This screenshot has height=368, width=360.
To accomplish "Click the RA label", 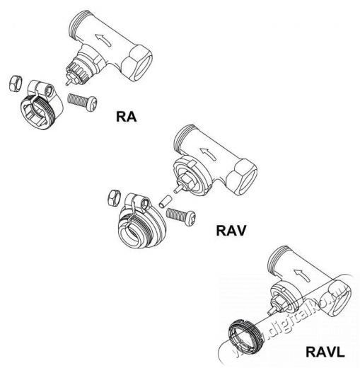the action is click(x=127, y=117).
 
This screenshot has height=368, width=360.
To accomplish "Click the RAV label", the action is click(x=231, y=231).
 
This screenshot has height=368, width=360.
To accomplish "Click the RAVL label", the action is click(x=325, y=352).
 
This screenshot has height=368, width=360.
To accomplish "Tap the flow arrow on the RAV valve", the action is click(x=208, y=154).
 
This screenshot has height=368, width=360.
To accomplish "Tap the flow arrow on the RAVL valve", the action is click(x=301, y=275).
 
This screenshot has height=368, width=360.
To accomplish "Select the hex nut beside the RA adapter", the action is click(x=16, y=83).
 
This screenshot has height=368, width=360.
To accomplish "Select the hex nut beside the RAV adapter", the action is click(x=114, y=198).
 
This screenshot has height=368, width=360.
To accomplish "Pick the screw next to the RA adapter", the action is click(x=83, y=102).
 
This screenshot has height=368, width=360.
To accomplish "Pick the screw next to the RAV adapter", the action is click(x=181, y=217).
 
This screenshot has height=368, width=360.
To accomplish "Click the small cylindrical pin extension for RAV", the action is click(x=165, y=201).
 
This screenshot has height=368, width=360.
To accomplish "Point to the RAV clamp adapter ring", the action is click(x=141, y=221).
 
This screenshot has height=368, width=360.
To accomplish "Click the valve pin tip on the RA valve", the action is click(x=66, y=83).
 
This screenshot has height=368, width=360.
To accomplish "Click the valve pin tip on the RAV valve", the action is click(x=175, y=190).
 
